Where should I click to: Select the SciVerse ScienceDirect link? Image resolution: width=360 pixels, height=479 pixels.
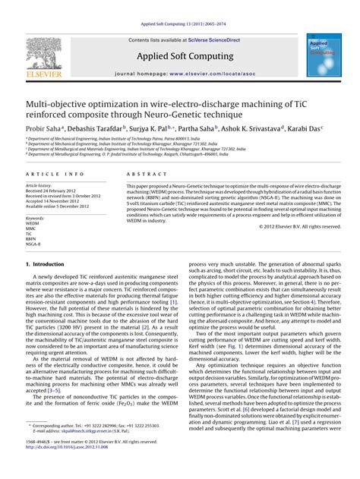pos(208,39)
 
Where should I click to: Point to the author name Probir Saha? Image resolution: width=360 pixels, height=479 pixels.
pos(43,128)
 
